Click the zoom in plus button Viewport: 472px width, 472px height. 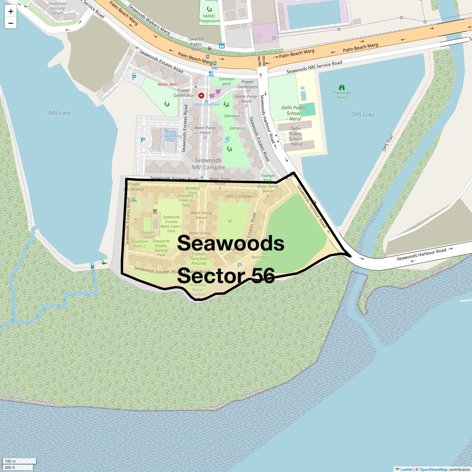point(11,11)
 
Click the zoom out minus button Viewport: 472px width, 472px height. point(11,23)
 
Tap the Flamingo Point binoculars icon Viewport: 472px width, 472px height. point(341,87)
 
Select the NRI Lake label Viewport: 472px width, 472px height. point(59,113)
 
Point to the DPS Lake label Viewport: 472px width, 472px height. point(363,115)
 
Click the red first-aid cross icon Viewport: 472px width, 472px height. point(201,96)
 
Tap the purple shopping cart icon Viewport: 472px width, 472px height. point(212,96)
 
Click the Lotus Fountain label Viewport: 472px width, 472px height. point(206,104)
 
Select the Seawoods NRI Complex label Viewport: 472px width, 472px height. point(208,164)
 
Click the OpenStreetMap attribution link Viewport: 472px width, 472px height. point(433,469)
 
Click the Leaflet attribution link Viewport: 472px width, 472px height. point(406,469)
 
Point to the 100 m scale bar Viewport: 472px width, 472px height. point(20,461)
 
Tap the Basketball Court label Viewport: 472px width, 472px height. point(260,259)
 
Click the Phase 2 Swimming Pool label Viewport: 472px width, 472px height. point(171,136)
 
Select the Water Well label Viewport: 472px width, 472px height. point(167,84)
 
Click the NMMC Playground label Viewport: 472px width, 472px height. point(209,18)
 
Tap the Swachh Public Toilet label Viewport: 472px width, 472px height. point(196,44)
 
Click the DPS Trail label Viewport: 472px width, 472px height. point(388,143)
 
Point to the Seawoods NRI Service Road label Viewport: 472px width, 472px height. point(314,67)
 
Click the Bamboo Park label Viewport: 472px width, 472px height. point(193,190)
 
